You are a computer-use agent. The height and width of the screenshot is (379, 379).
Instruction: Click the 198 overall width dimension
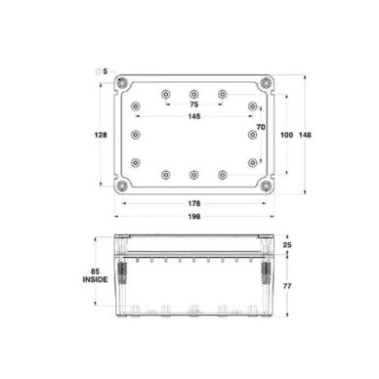[x=194, y=217]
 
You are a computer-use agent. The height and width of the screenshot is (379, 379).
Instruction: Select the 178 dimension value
[x=194, y=203]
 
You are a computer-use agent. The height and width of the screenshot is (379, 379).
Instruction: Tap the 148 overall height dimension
[x=305, y=135]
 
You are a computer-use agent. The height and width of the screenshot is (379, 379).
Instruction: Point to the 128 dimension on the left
[x=101, y=135]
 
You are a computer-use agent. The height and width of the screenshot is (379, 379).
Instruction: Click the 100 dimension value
[x=287, y=135]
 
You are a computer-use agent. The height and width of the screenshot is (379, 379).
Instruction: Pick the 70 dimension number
[x=261, y=127]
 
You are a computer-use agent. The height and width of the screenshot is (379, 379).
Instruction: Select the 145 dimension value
[x=194, y=116]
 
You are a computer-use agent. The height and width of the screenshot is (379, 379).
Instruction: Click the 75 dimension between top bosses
[x=193, y=105]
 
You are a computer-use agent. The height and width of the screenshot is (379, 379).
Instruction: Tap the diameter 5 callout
[x=102, y=71]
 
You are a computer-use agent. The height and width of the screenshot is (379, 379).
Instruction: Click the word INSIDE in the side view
[x=95, y=279]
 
